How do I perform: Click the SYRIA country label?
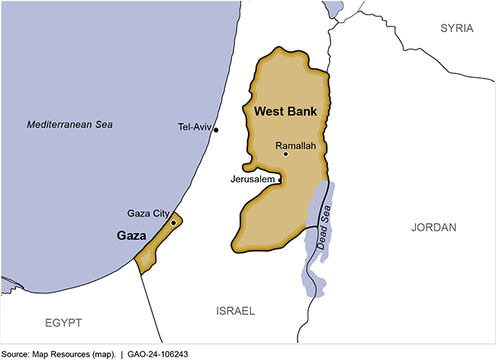click(x=456, y=28)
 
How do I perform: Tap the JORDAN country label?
click(x=433, y=227)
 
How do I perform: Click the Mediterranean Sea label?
click(x=69, y=124)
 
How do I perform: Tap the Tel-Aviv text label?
click(x=194, y=127)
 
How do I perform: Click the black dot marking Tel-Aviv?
click(x=216, y=130)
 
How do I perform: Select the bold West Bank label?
click(x=285, y=111)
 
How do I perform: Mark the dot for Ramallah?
click(x=285, y=154)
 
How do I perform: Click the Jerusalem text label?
click(x=252, y=179)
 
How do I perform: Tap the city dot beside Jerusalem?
click(x=280, y=180)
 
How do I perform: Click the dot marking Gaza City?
click(x=174, y=223)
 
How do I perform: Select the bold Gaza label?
click(x=131, y=236)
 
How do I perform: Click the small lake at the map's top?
click(x=333, y=9)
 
